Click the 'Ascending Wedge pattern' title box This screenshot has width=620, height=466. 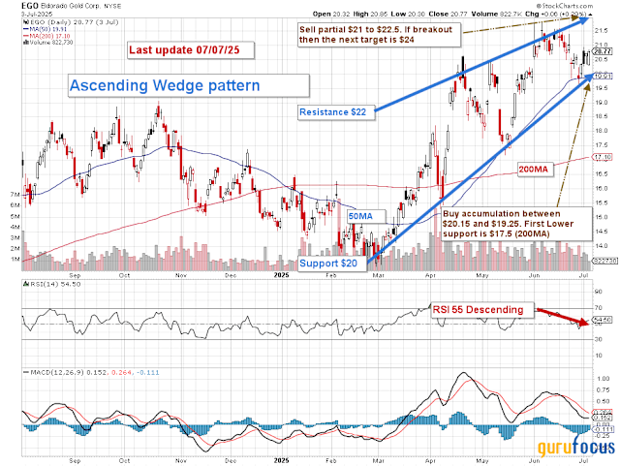tap(164, 85)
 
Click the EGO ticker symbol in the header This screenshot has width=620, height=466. tap(12, 6)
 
